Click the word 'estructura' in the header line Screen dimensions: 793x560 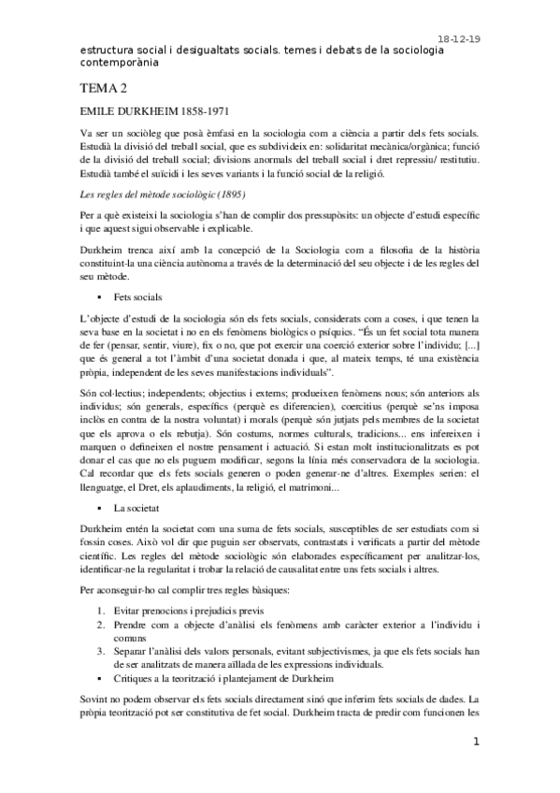coord(106,52)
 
